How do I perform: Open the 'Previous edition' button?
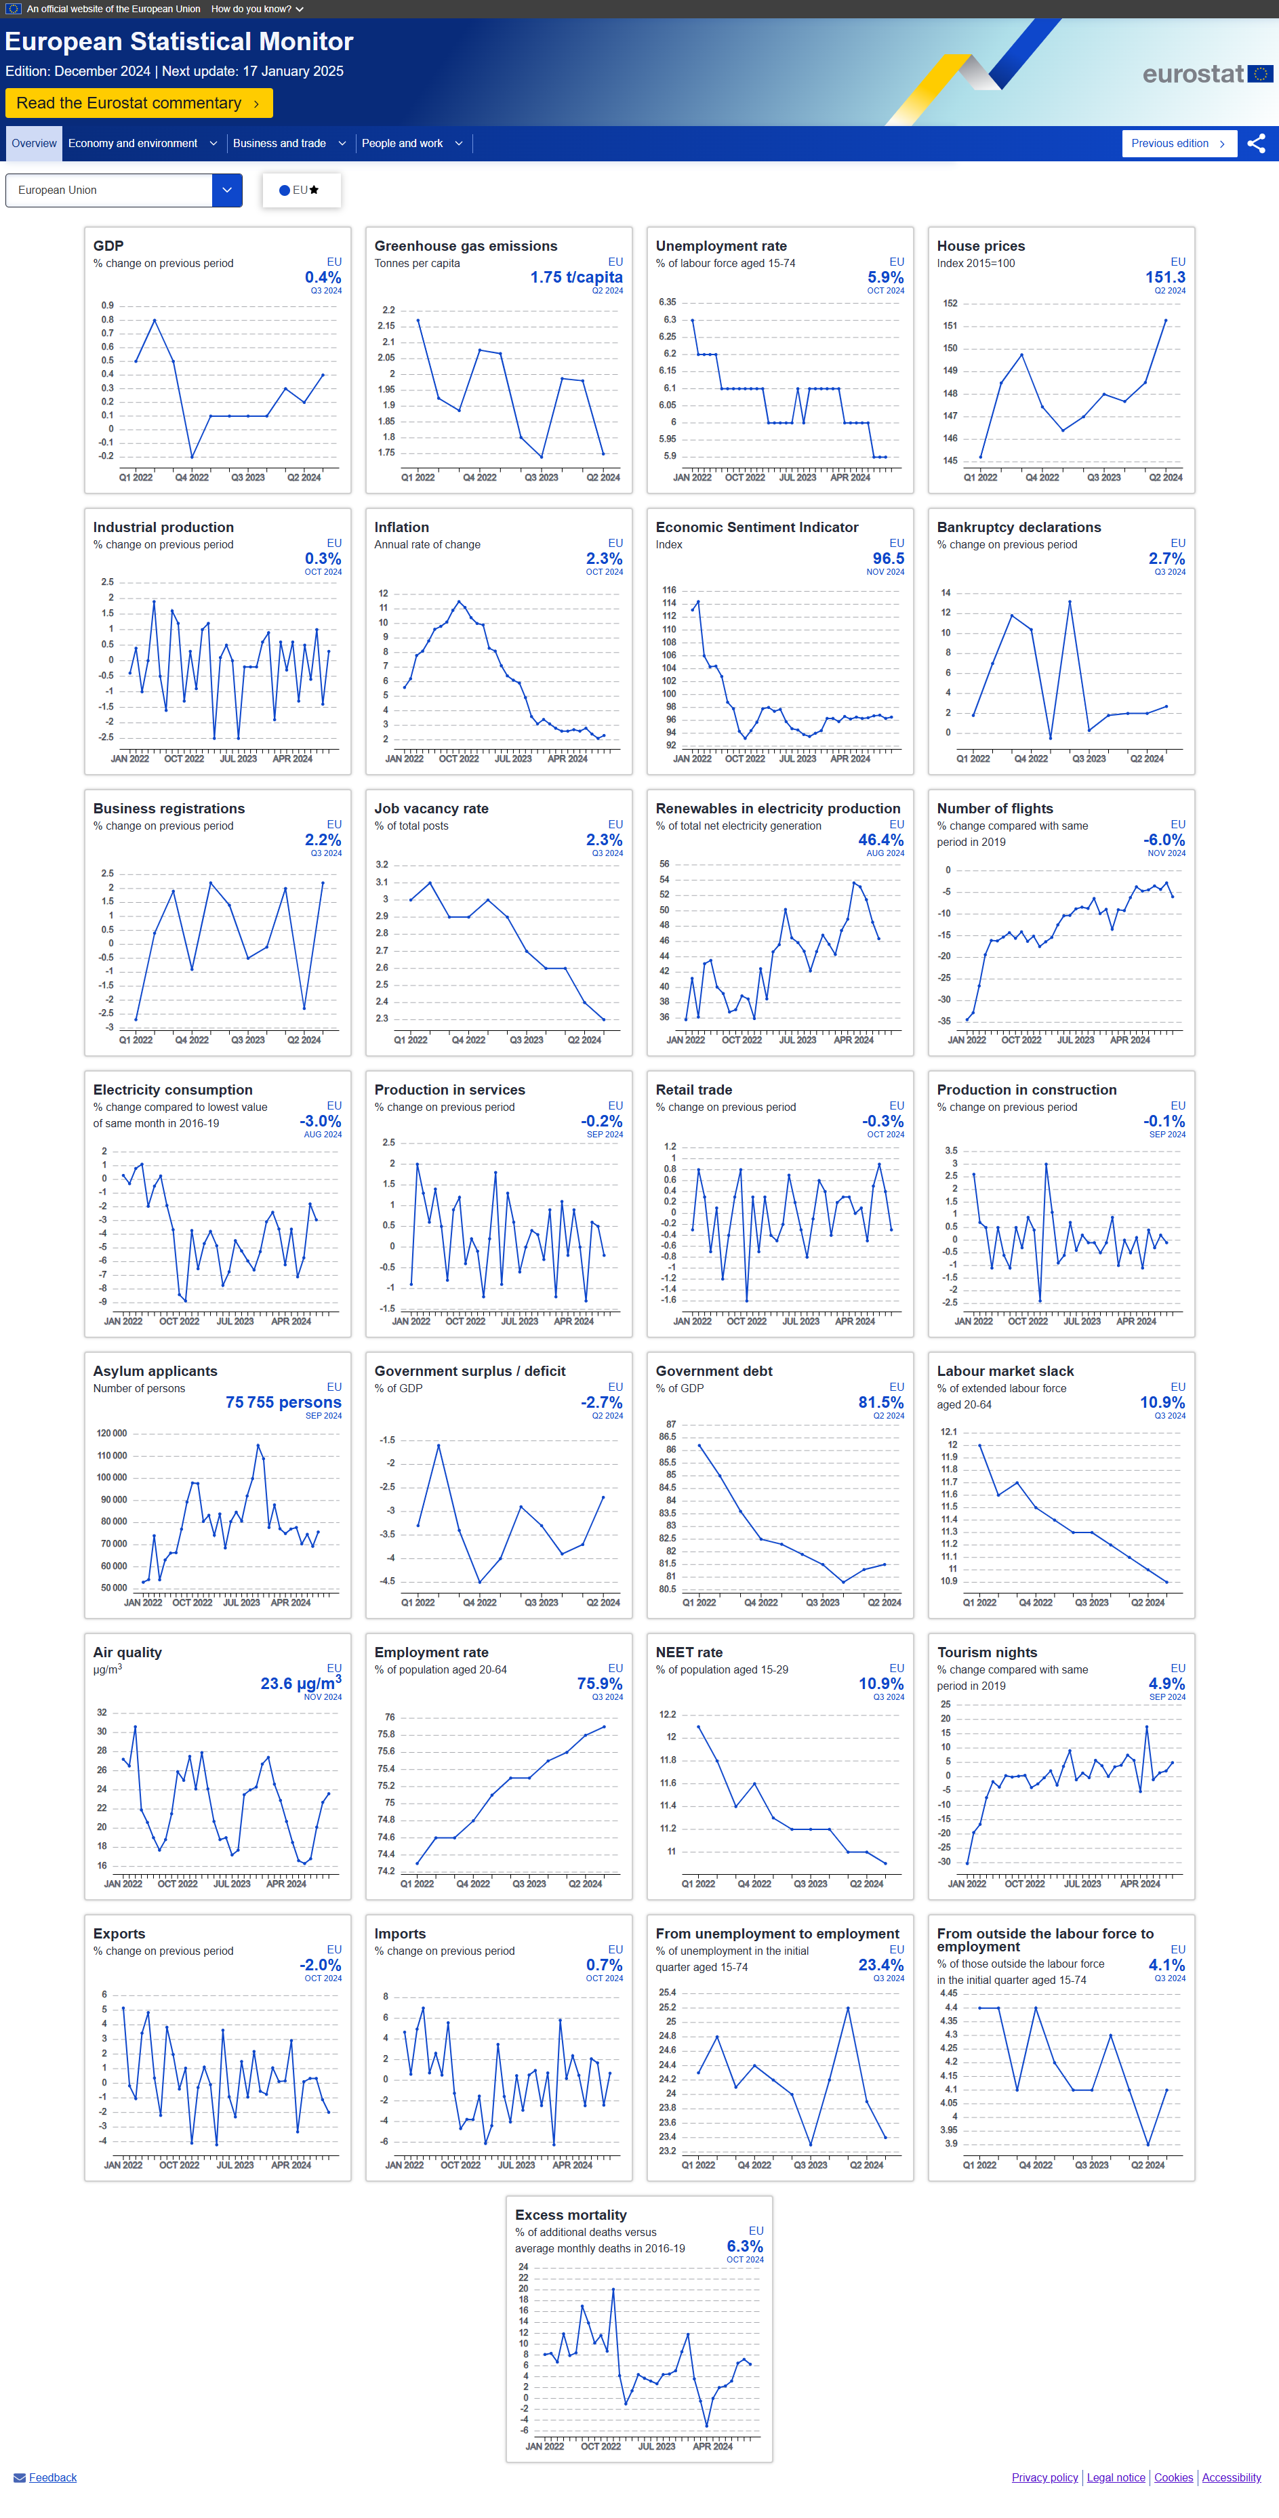pos(1178,144)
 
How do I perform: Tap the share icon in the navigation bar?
pos(1257,144)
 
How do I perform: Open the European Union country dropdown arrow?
pos(227,190)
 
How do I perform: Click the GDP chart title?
pos(108,246)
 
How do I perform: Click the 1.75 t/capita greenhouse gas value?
pos(576,278)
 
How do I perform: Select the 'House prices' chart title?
pos(981,246)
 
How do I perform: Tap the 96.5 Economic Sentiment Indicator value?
pos(888,559)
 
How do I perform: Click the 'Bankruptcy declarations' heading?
pos(1018,528)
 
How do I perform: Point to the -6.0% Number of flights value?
pos(1164,840)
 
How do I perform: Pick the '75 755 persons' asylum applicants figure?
pos(283,1402)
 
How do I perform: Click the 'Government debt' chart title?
pos(714,1371)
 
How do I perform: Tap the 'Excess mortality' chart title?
pos(571,2215)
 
